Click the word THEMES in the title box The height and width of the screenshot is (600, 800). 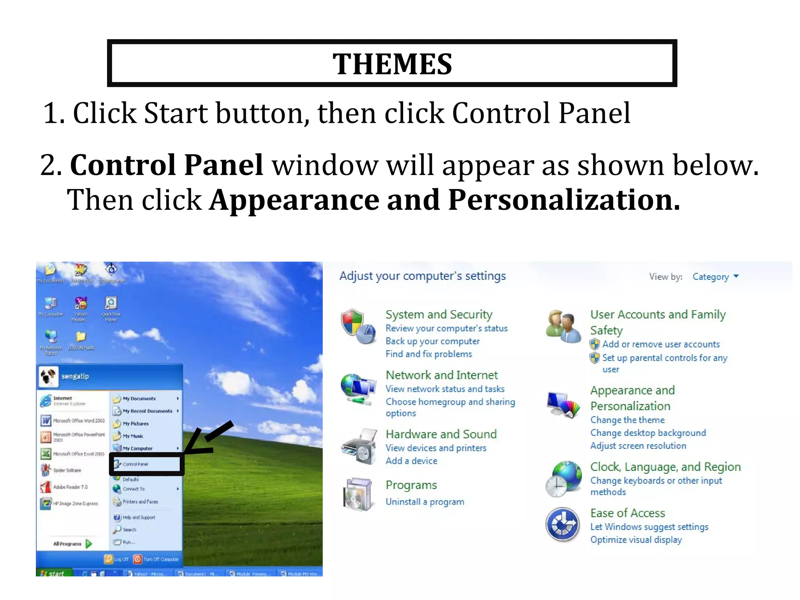click(392, 64)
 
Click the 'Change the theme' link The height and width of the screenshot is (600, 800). click(627, 420)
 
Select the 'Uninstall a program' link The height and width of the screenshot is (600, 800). click(425, 502)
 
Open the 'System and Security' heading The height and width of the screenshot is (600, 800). click(439, 314)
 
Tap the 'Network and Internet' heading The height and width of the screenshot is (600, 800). click(441, 375)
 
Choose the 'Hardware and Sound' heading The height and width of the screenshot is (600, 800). click(441, 434)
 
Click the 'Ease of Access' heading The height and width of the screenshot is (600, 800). click(627, 513)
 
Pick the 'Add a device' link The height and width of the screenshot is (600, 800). click(411, 461)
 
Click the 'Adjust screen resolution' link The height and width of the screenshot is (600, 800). click(638, 446)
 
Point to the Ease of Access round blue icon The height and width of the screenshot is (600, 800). click(562, 525)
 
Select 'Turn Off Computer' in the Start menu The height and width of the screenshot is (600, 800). click(156, 559)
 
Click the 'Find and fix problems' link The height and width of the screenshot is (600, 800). click(429, 354)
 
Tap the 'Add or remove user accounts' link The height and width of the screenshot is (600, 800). click(661, 344)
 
